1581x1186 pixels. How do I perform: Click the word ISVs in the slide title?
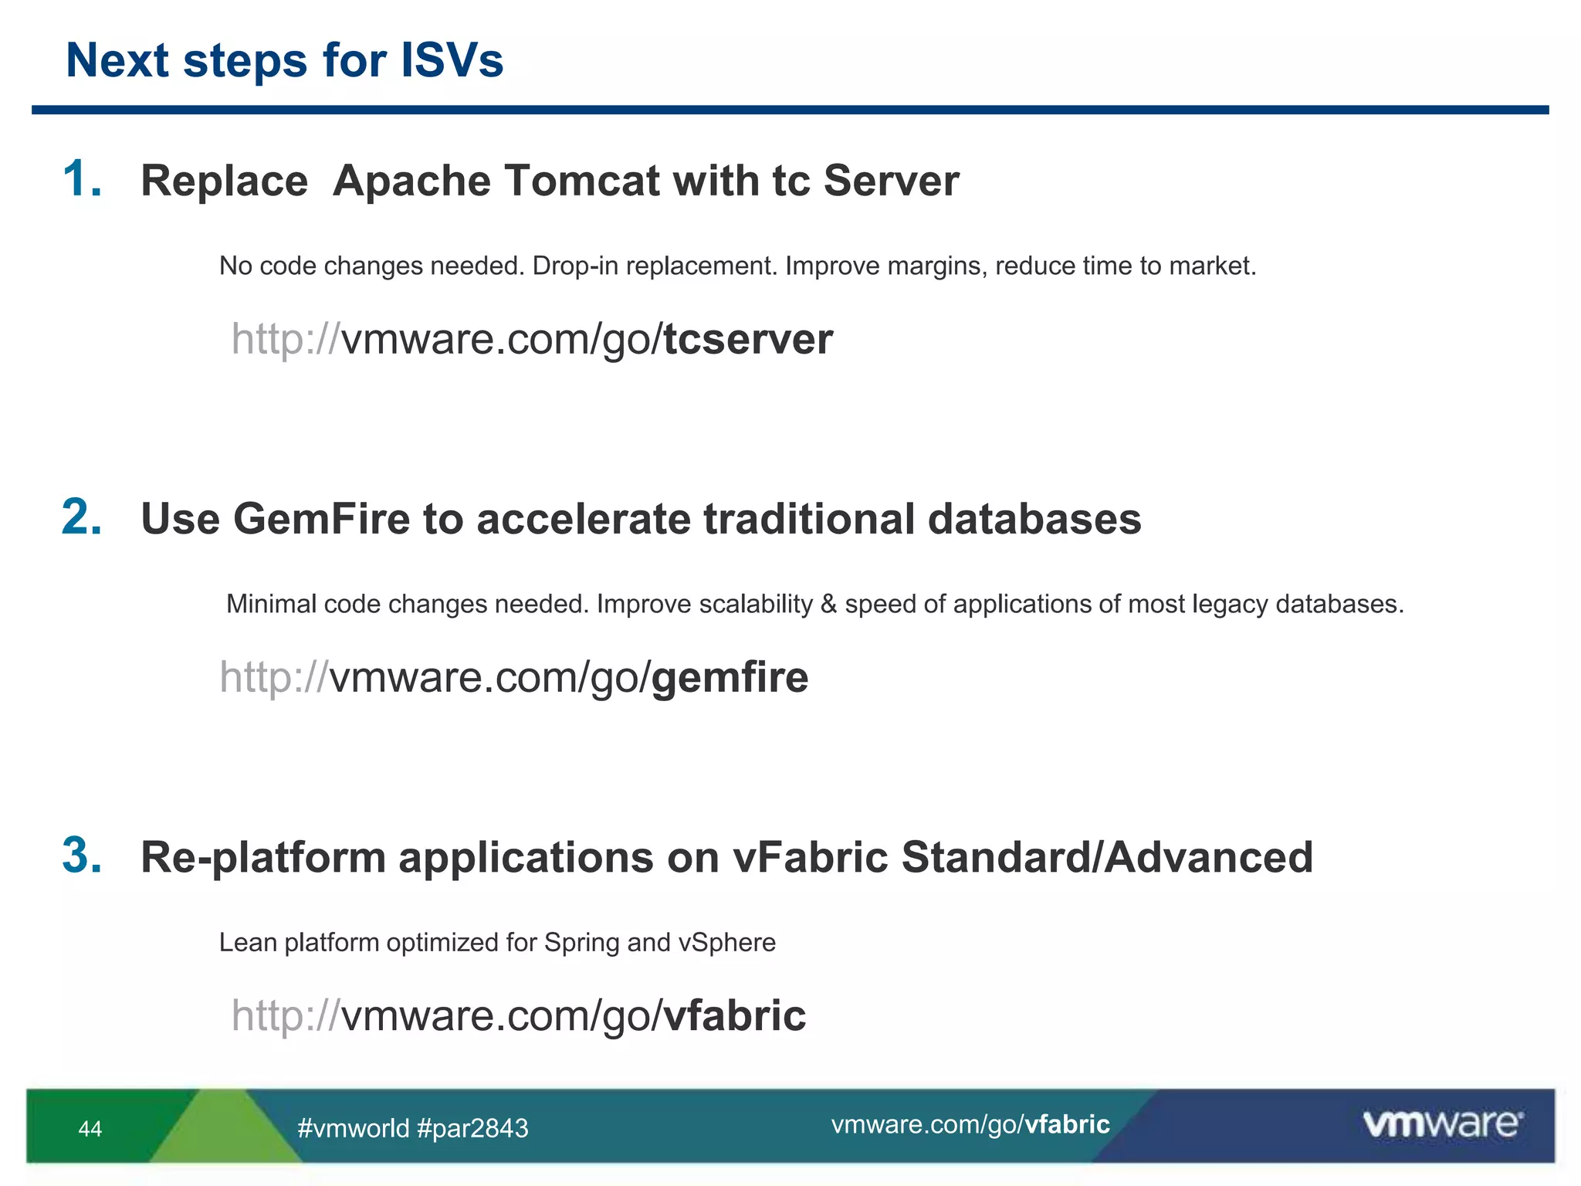(x=452, y=60)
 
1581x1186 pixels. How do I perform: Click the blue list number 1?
(x=81, y=179)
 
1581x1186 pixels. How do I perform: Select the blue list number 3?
(x=81, y=856)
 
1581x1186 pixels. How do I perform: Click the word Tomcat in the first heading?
(x=583, y=181)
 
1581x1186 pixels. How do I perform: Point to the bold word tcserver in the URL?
(x=748, y=339)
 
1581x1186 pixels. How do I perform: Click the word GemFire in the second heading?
(x=321, y=518)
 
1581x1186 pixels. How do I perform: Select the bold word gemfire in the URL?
(x=730, y=677)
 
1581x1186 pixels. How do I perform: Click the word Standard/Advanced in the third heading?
(x=1107, y=857)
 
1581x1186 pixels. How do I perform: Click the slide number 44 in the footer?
(x=90, y=1129)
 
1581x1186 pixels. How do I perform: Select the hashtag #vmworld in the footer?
(x=353, y=1129)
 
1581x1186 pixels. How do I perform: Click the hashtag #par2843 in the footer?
(x=472, y=1129)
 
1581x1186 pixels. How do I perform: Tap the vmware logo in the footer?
(x=1442, y=1123)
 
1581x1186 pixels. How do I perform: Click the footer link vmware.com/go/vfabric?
(x=970, y=1124)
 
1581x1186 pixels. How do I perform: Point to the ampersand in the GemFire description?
(x=828, y=604)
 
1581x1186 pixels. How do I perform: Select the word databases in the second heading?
(x=1034, y=518)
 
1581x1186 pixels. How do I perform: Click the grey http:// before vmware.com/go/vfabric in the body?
(x=285, y=1015)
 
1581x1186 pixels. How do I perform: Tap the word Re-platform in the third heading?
(x=262, y=857)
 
